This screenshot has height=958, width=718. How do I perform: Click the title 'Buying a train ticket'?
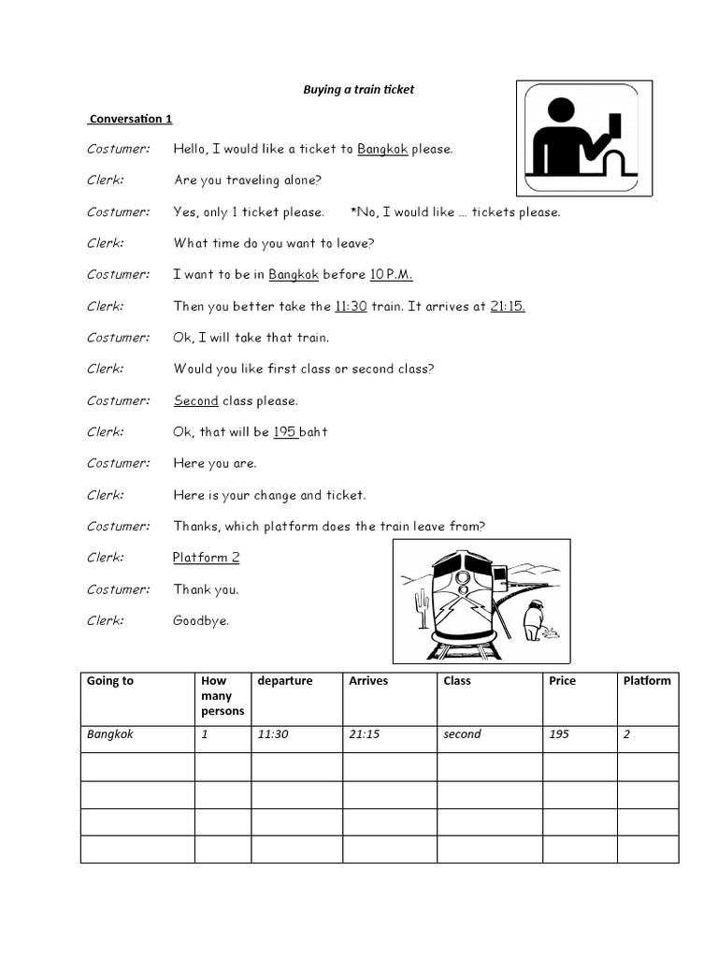tap(358, 90)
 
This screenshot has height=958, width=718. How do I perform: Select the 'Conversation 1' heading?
tap(131, 119)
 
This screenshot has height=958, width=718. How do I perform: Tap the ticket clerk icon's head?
tap(560, 110)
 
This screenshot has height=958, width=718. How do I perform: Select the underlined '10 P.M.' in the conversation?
tap(391, 274)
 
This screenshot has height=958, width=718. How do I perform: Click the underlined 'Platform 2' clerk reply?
tap(207, 558)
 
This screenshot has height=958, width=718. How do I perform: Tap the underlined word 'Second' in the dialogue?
tap(196, 400)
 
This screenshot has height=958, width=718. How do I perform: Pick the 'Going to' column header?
tap(110, 681)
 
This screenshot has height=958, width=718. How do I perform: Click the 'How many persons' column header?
tap(223, 696)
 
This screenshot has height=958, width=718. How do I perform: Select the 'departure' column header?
tap(285, 681)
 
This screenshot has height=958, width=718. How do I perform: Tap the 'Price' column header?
tap(562, 681)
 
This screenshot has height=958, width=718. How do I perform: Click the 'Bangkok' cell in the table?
tap(110, 734)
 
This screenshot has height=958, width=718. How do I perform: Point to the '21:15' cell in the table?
tap(364, 734)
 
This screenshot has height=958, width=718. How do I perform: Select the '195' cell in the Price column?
tap(558, 734)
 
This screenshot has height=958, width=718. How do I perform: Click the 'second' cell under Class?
tap(462, 734)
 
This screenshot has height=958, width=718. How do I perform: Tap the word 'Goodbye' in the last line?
tap(201, 620)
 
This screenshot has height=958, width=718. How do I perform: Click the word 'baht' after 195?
tap(314, 432)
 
